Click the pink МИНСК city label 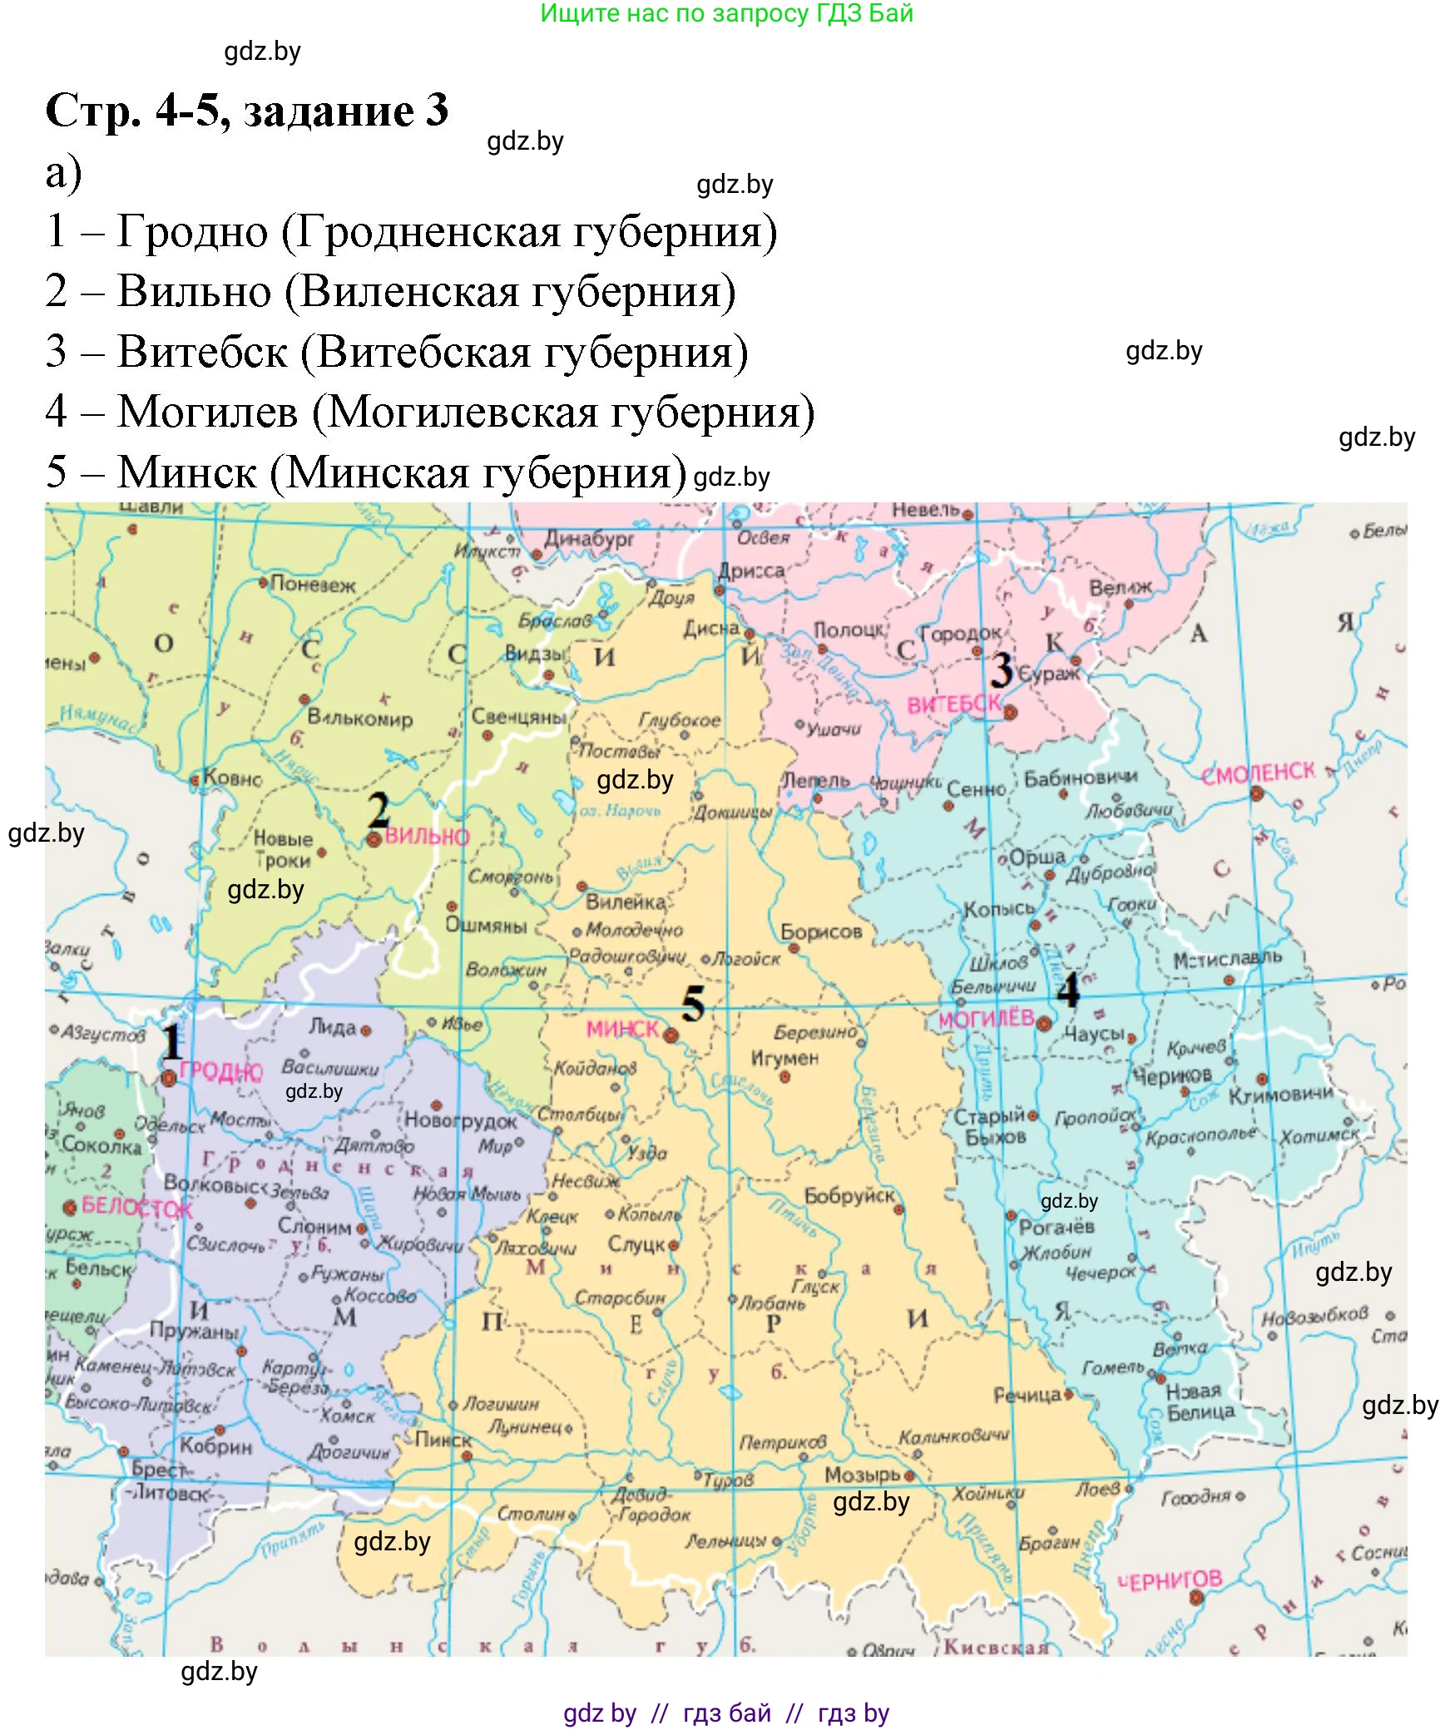[x=621, y=1029]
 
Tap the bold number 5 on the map [x=693, y=1005]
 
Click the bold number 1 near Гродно [x=171, y=1041]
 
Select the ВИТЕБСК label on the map [x=953, y=704]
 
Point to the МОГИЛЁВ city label [x=985, y=1019]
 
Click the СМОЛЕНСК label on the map [x=1258, y=774]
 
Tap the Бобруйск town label [x=849, y=1196]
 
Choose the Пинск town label [x=443, y=1440]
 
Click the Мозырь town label [x=862, y=1475]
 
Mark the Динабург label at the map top [x=589, y=539]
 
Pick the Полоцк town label [x=849, y=630]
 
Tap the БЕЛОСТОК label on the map [x=136, y=1207]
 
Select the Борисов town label [x=820, y=932]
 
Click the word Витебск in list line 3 [x=202, y=352]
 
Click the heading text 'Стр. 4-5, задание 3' [x=246, y=111]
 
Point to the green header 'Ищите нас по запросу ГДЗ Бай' [x=726, y=13]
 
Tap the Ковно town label [x=232, y=778]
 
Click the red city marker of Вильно [x=374, y=840]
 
